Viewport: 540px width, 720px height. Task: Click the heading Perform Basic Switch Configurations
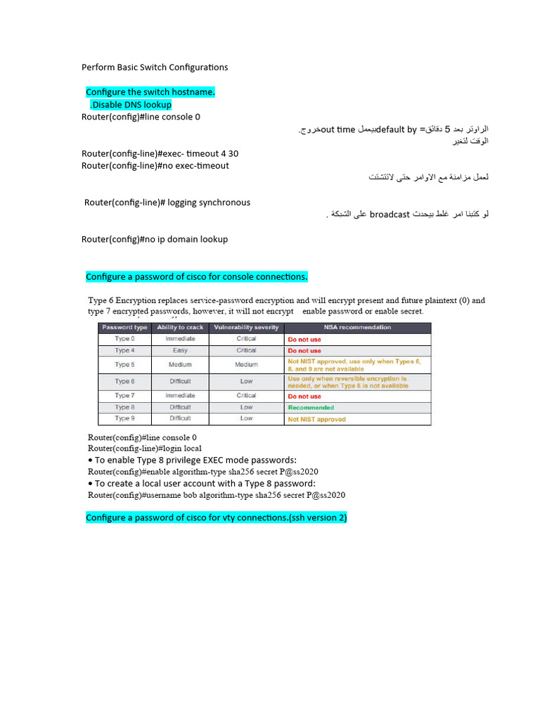(x=155, y=67)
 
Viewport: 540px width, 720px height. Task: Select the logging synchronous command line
(x=167, y=202)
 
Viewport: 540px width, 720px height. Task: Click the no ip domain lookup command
(x=155, y=239)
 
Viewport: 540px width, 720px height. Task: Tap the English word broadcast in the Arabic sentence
(x=390, y=214)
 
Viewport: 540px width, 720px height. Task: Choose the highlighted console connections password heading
(x=197, y=276)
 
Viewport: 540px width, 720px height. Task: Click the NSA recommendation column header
(x=357, y=327)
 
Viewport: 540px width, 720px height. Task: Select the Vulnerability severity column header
(x=246, y=327)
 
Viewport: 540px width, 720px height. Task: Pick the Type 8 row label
(x=124, y=407)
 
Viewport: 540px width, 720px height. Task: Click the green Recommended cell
(x=311, y=408)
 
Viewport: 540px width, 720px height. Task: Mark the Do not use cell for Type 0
(x=304, y=339)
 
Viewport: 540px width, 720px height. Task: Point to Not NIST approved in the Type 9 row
(x=317, y=419)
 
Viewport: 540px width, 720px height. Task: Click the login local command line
(x=145, y=448)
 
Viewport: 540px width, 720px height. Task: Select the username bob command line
(x=217, y=495)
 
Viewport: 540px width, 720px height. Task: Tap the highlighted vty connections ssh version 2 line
(x=217, y=518)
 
